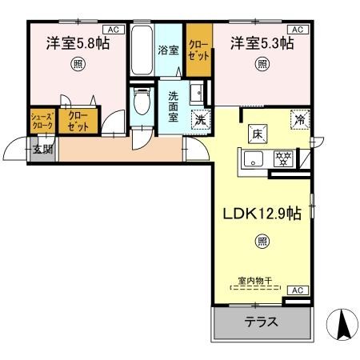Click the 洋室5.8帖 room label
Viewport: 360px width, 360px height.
77,44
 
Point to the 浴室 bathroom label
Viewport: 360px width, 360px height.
168,50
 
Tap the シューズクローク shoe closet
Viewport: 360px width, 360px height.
42,122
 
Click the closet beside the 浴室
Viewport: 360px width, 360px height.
198,50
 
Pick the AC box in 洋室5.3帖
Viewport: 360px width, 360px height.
297,28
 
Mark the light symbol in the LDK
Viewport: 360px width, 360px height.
262,239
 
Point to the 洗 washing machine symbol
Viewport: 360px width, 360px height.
199,120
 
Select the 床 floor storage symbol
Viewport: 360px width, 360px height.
258,133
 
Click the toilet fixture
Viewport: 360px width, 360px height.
142,102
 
